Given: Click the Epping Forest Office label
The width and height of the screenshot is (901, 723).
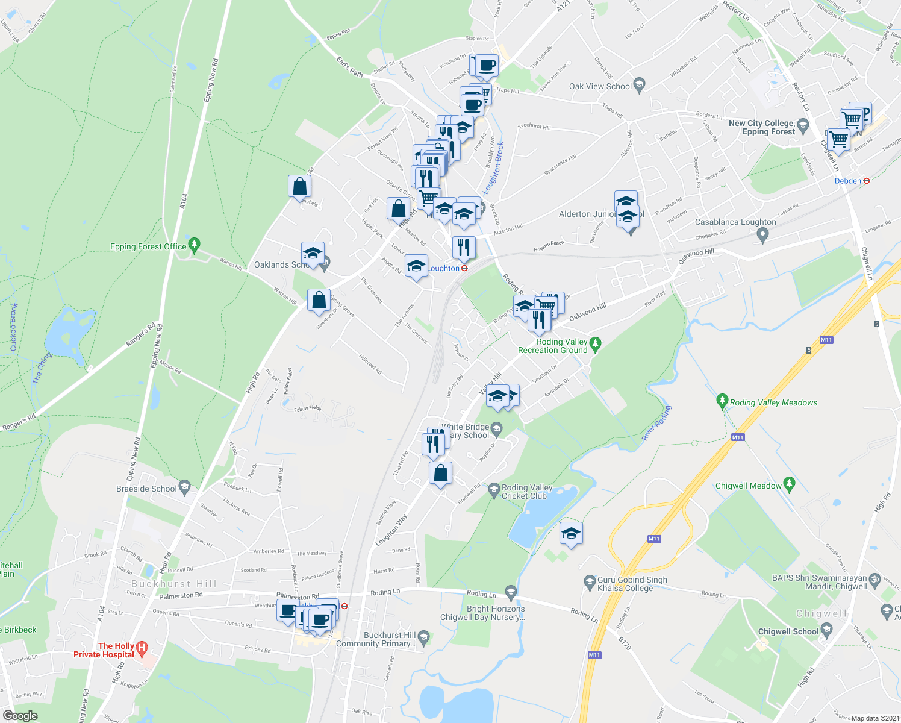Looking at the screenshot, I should pyautogui.click(x=148, y=246).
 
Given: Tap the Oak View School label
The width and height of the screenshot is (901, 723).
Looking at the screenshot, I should pyautogui.click(x=600, y=86).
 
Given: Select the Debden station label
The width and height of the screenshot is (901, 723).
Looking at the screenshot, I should pyautogui.click(x=847, y=181).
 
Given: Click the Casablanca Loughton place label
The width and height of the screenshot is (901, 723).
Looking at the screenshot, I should pyautogui.click(x=735, y=222).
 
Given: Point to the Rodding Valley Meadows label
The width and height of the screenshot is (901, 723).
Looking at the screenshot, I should pyautogui.click(x=773, y=402).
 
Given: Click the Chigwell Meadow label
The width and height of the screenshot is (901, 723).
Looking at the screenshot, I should pyautogui.click(x=748, y=486).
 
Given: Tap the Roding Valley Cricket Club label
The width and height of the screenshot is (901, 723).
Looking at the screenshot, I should pyautogui.click(x=527, y=492).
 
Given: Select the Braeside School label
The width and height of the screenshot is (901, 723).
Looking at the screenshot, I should pyautogui.click(x=146, y=489).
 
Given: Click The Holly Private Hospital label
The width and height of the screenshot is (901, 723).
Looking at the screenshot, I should pyautogui.click(x=104, y=650).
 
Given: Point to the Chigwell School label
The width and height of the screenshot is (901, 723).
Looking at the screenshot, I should pyautogui.click(x=788, y=631).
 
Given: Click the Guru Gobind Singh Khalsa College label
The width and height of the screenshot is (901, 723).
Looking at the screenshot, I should pyautogui.click(x=632, y=584).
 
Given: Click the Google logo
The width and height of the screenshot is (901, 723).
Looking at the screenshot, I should pyautogui.click(x=20, y=716).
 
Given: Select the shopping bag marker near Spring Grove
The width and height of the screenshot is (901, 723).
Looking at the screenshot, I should pyautogui.click(x=319, y=299).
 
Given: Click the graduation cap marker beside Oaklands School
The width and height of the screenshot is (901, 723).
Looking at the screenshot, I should pyautogui.click(x=313, y=254).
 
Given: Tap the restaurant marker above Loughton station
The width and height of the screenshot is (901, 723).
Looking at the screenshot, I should pyautogui.click(x=464, y=246).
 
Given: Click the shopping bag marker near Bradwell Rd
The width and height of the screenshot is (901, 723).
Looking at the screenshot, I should pyautogui.click(x=441, y=473).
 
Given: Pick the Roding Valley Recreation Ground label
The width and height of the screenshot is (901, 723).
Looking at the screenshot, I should pyautogui.click(x=552, y=346).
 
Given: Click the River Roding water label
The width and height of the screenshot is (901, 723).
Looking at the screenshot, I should pyautogui.click(x=656, y=423).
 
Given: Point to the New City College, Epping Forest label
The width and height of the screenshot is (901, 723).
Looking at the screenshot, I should pyautogui.click(x=761, y=127).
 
